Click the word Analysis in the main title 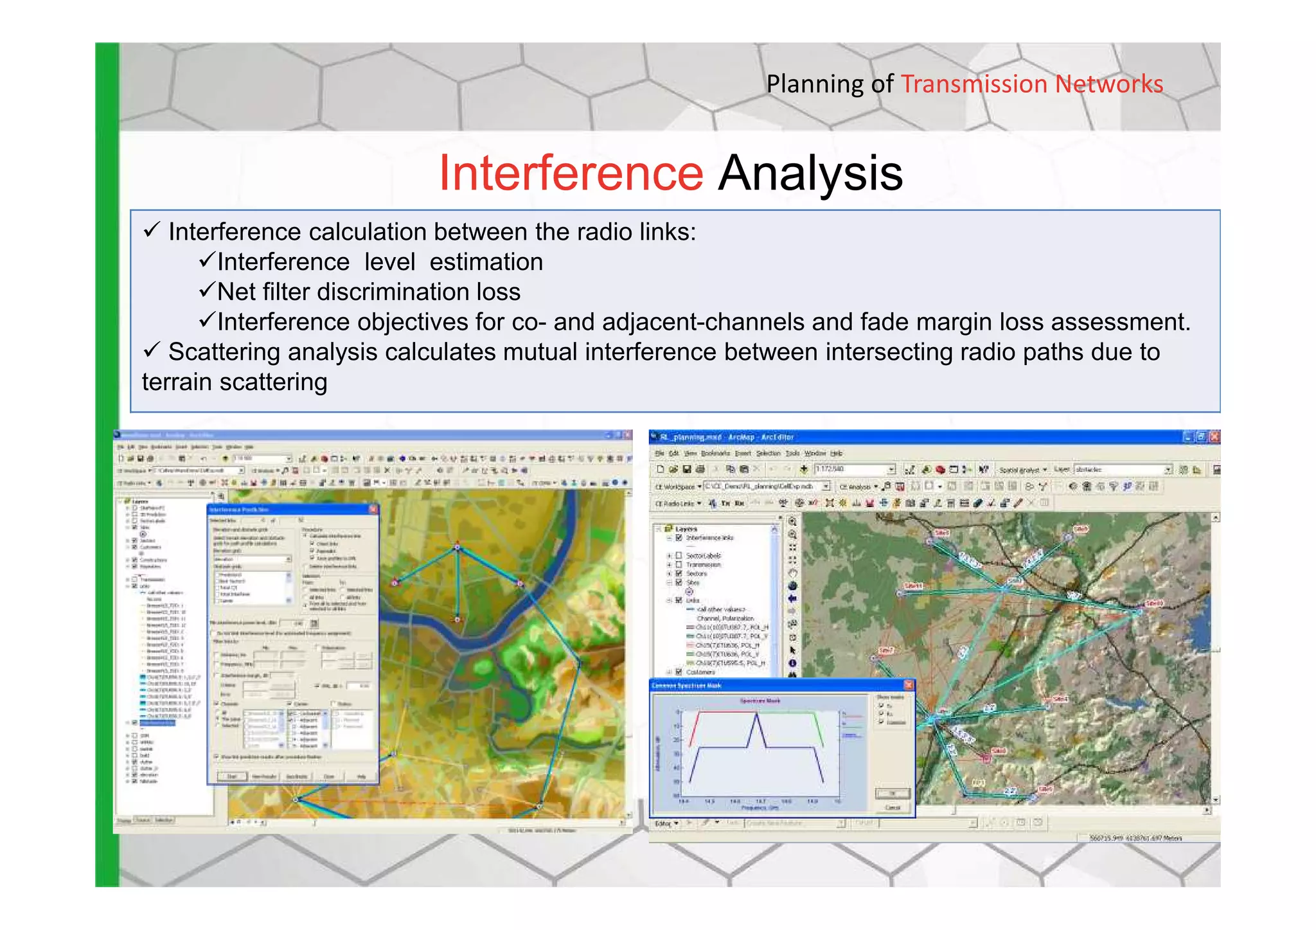pos(810,173)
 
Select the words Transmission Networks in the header pos(1031,84)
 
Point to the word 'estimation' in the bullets pos(486,262)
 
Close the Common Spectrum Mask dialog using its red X pos(908,685)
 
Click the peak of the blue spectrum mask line pos(756,715)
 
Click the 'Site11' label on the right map pos(913,586)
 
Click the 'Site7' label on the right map pos(886,650)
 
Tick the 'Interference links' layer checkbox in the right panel pos(679,538)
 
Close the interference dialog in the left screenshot pos(373,509)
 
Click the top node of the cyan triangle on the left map pos(458,547)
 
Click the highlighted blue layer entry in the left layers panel pos(157,722)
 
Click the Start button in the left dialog pos(232,776)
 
